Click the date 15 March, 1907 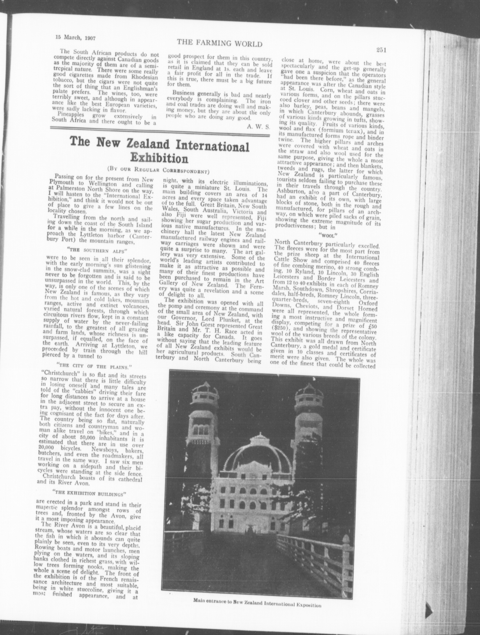(75, 38)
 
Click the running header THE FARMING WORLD (219, 44)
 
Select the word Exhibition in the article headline (159, 158)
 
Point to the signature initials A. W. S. (258, 126)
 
